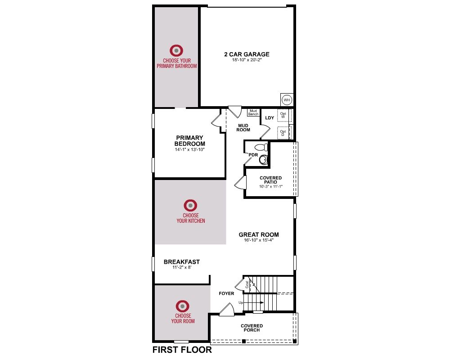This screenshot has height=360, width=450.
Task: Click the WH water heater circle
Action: point(287,100)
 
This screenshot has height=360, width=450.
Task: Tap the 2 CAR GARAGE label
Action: point(247,54)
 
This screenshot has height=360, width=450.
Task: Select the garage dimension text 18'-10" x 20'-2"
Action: point(247,60)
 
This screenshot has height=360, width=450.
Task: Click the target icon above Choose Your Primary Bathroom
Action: point(176,50)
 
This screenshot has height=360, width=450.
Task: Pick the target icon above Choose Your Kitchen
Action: point(190,206)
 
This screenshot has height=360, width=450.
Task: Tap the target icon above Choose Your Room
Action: point(183,306)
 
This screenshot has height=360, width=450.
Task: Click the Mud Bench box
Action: point(253,112)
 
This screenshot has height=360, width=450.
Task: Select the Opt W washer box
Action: point(284,115)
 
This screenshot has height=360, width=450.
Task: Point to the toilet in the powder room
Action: point(261,148)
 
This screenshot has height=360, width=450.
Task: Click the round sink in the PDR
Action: point(263,160)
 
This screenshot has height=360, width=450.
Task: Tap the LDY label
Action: point(270,118)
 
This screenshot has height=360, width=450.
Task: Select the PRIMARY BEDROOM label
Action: point(190,141)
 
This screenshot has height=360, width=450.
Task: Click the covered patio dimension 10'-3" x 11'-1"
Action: point(270,187)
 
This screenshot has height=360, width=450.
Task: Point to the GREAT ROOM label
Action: point(259,234)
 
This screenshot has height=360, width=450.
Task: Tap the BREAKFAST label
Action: point(182,262)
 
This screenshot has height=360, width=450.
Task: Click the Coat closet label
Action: point(247,284)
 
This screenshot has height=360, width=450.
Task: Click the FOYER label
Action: point(226,293)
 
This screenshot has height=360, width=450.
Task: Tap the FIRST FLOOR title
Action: point(182,350)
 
